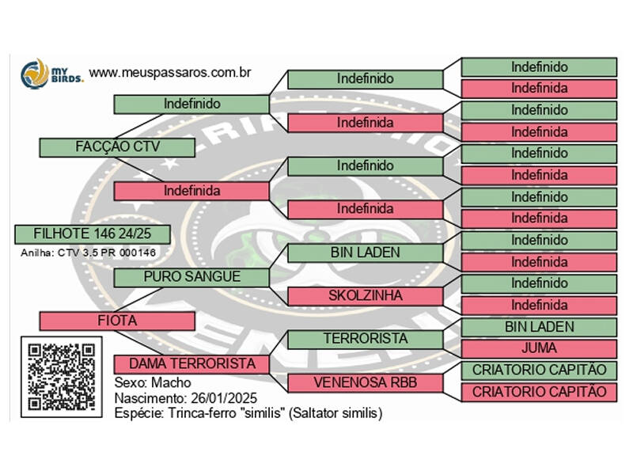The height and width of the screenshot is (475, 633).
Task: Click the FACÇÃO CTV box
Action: coord(117,147)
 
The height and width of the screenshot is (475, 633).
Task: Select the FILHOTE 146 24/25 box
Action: coord(93,234)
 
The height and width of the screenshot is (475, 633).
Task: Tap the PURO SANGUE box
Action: coord(191,278)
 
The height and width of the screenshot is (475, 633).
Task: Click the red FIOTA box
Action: coord(117,321)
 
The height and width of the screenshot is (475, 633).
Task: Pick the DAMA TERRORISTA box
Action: coord(191,364)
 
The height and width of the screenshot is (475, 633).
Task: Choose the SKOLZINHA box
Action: coord(366,296)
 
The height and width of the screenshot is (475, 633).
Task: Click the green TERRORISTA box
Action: coord(366,340)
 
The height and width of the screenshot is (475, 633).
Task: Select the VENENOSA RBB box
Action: coord(366,383)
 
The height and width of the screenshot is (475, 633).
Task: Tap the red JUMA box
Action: coord(539,348)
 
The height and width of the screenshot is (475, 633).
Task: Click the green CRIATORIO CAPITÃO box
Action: coord(539,370)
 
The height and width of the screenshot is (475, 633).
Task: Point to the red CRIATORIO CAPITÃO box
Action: coord(539,392)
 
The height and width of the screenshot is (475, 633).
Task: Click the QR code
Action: coord(62,377)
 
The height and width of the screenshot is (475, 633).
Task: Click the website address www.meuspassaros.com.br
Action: coord(170,73)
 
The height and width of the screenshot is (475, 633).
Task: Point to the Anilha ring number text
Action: coord(88,253)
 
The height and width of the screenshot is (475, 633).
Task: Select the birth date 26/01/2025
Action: coord(224,398)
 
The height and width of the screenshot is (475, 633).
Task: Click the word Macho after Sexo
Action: coord(171,383)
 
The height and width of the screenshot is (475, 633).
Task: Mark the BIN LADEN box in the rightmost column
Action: coord(539,327)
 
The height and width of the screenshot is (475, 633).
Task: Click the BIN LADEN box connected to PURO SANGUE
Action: coord(366,253)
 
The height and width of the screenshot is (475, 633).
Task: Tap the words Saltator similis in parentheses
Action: coord(335,413)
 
